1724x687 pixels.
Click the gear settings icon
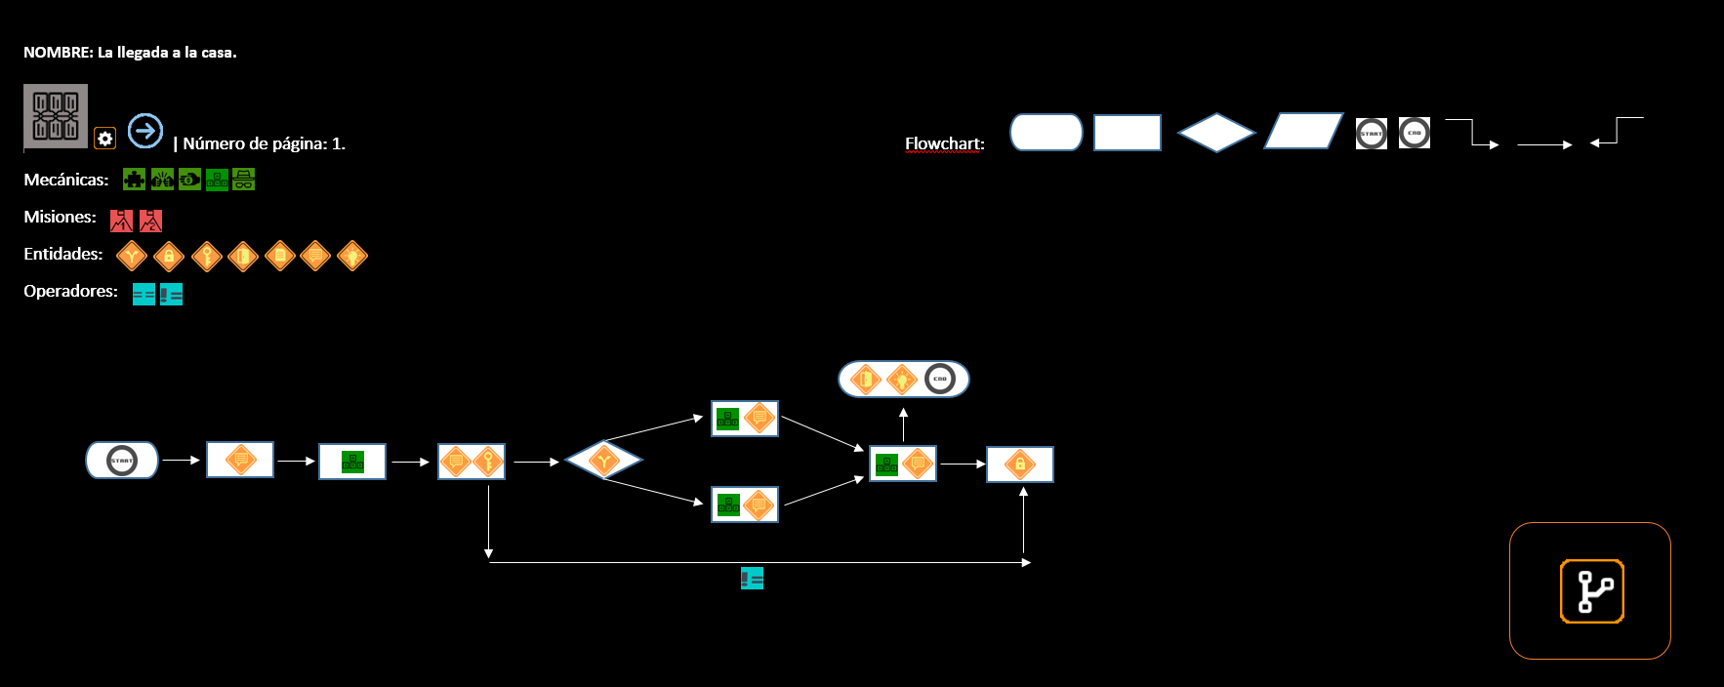105,139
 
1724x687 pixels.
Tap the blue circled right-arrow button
145,131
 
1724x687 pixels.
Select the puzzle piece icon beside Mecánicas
134,180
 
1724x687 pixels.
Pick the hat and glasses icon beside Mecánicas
244,180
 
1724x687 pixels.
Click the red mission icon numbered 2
150,221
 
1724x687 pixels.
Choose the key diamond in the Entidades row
206,256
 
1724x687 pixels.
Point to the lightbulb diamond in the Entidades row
352,256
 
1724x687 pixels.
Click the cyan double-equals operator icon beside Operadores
144,295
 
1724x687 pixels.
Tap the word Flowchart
944,143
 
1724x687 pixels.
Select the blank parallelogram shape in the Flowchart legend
1303,132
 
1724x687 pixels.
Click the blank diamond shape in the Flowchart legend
1215,133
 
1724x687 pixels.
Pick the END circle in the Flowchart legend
1415,133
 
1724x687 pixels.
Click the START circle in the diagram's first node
122,461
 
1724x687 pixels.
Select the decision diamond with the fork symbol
603,460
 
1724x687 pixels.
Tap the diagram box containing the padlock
1019,465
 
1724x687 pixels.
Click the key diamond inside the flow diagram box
489,461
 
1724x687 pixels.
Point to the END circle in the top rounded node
940,379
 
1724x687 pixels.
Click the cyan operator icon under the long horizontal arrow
752,579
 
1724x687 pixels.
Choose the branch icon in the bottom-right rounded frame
1591,591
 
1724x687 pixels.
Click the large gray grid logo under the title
56,116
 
